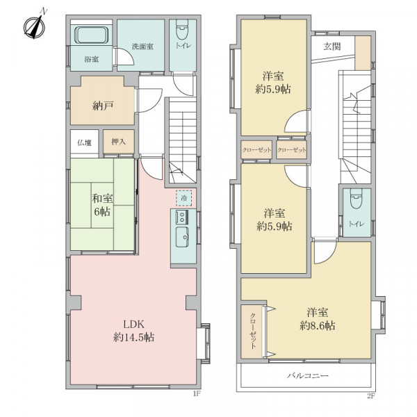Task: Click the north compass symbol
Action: pyautogui.click(x=34, y=26)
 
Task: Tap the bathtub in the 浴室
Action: pyautogui.click(x=92, y=35)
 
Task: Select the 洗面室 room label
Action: pyautogui.click(x=142, y=47)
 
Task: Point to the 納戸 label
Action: pyautogui.click(x=103, y=106)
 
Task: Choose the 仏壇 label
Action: pyautogui.click(x=85, y=142)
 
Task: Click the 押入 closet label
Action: pyautogui.click(x=118, y=142)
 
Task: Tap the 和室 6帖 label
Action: pyautogui.click(x=102, y=205)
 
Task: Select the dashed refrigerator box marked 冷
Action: pyautogui.click(x=183, y=198)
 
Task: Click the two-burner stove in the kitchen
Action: pyautogui.click(x=182, y=216)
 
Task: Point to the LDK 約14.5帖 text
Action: pyautogui.click(x=133, y=331)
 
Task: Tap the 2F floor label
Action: pyautogui.click(x=370, y=396)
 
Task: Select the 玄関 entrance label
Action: pyautogui.click(x=332, y=47)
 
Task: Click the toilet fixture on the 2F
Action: pyautogui.click(x=357, y=199)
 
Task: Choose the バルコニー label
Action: pyautogui.click(x=308, y=375)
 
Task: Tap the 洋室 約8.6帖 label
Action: pyautogui.click(x=318, y=319)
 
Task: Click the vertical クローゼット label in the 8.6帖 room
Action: pyautogui.click(x=253, y=331)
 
